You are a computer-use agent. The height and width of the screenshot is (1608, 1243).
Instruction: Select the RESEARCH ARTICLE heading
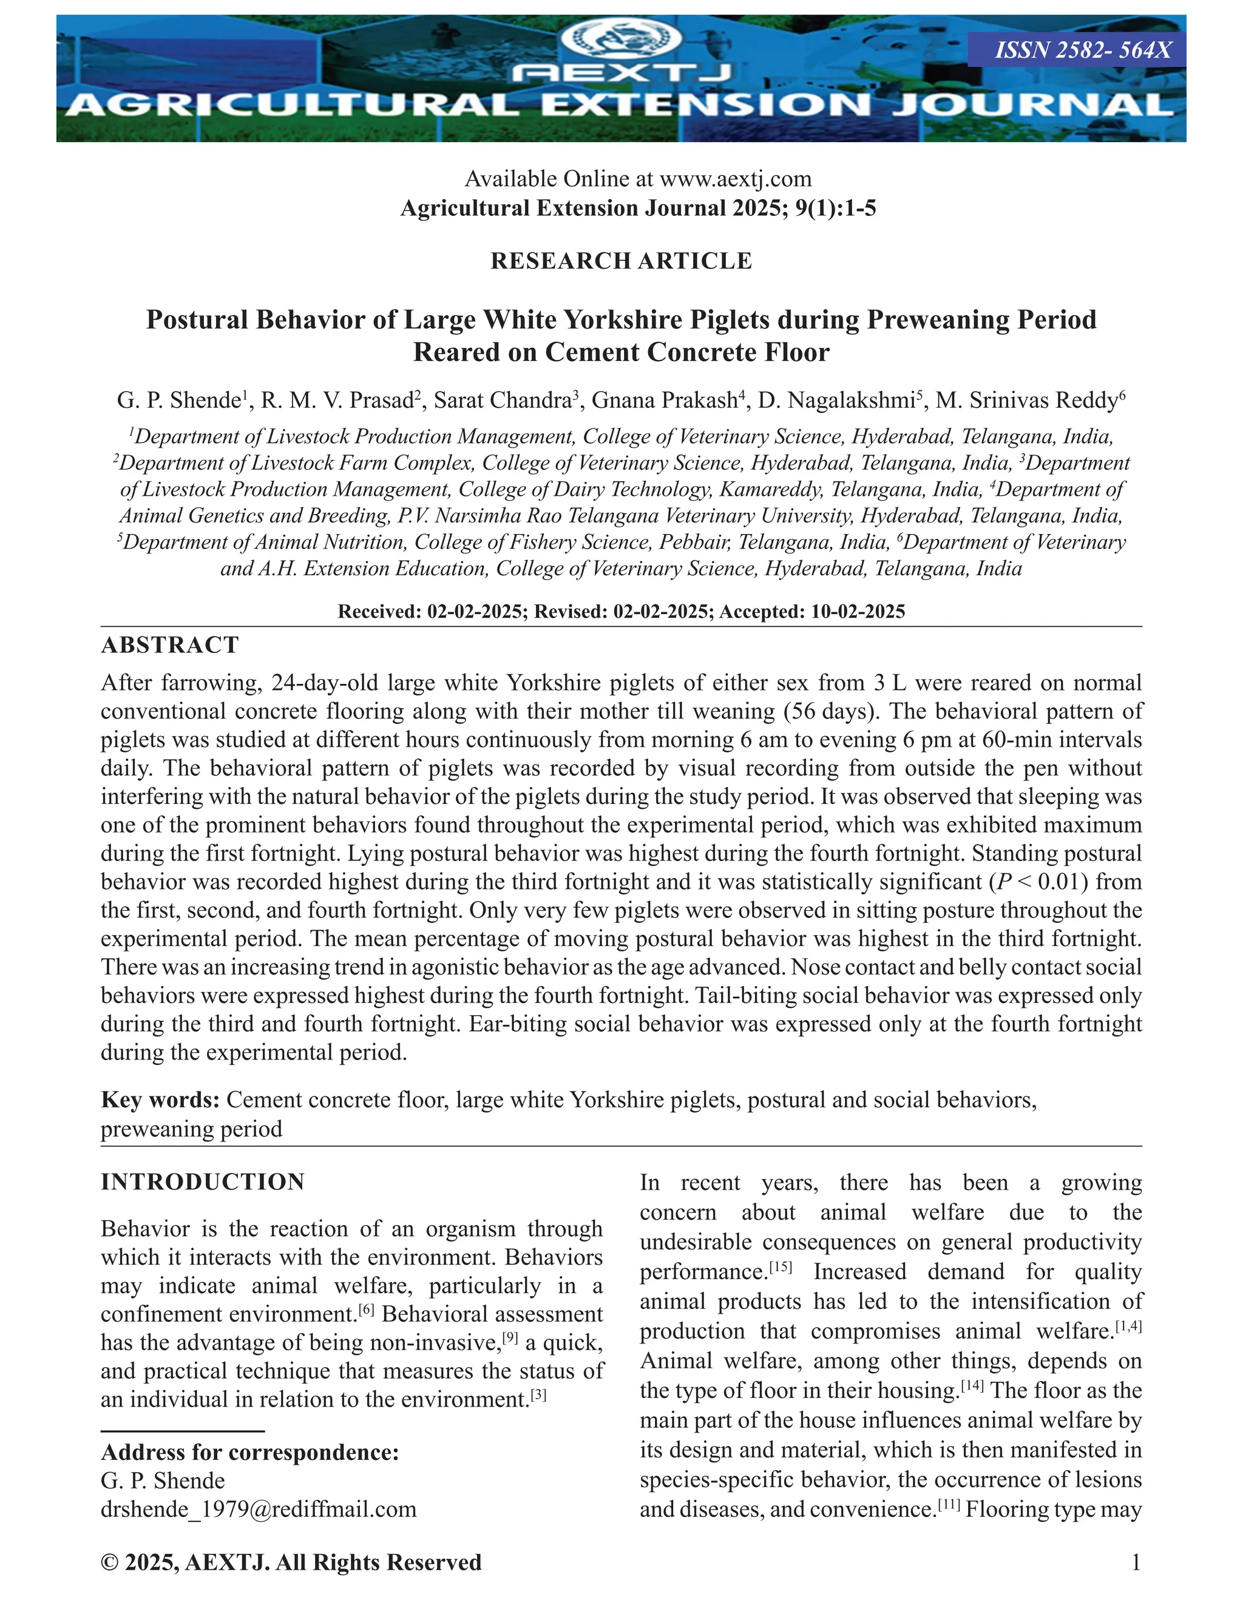[x=621, y=261]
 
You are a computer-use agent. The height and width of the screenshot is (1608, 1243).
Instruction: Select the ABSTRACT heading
[x=170, y=645]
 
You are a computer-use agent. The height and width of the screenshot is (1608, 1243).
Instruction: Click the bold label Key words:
[x=160, y=1100]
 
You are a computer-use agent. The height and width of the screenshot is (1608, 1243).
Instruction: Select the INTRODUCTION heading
[x=203, y=1181]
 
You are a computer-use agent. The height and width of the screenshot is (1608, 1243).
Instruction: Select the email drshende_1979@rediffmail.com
[x=259, y=1509]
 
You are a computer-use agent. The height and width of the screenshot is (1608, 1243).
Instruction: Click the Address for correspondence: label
[x=249, y=1452]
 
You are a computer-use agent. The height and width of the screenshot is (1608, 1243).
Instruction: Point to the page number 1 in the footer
[x=1136, y=1562]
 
